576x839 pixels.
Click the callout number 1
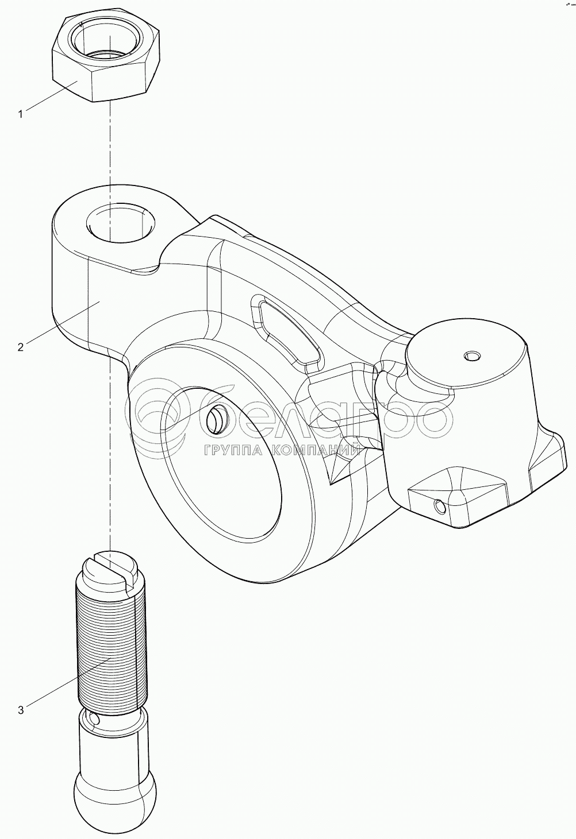click(21, 114)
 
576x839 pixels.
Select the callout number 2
click(21, 347)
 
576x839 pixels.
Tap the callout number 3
click(21, 710)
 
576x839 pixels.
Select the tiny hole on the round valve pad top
click(471, 356)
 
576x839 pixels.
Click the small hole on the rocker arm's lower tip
click(440, 506)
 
